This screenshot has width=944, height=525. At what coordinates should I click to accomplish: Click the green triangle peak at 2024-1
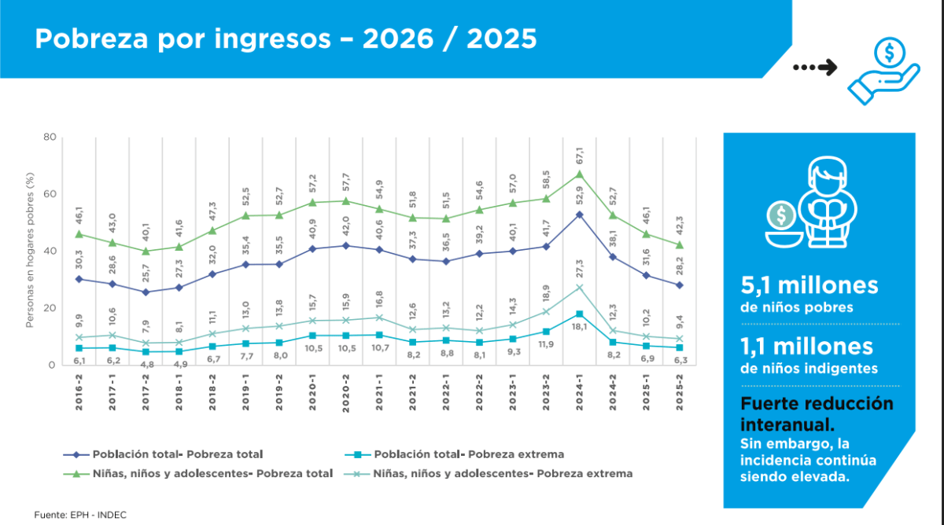click(x=580, y=174)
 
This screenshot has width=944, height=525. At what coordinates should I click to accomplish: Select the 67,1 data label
click(x=580, y=156)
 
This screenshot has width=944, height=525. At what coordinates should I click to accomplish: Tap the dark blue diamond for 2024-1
click(x=580, y=215)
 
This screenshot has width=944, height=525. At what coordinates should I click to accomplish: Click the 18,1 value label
click(x=580, y=326)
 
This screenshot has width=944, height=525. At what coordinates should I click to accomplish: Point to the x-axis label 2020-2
click(x=346, y=393)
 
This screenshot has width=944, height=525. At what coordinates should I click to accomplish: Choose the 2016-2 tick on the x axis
click(x=79, y=392)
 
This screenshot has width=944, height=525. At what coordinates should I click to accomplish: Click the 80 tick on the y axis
click(x=50, y=137)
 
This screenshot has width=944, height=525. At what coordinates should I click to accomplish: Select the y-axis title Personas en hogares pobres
click(x=30, y=250)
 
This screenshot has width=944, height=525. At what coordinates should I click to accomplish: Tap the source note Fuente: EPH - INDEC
click(x=80, y=515)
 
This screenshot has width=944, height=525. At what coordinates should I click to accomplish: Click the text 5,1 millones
click(x=809, y=285)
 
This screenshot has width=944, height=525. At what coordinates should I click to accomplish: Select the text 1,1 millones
click(x=806, y=347)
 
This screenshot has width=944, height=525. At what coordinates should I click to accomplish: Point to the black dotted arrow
click(x=815, y=68)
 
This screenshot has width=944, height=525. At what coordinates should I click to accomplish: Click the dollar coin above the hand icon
click(x=889, y=53)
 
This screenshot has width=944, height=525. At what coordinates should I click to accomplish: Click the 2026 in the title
click(x=398, y=39)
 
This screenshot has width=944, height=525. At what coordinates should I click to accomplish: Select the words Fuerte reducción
click(x=817, y=404)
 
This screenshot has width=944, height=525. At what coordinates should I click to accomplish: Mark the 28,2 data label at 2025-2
click(x=680, y=266)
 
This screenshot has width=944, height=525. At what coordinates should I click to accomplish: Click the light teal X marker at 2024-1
click(x=580, y=288)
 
